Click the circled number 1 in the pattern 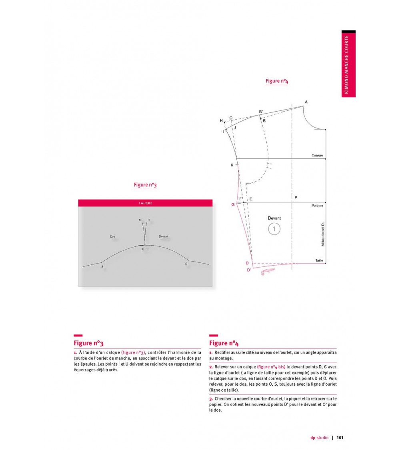[x=274, y=229]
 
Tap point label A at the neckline [x=306, y=102]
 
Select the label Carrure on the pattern [x=318, y=155]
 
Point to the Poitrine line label [x=317, y=206]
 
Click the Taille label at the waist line [x=319, y=260]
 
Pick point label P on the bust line [x=296, y=198]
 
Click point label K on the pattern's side [x=232, y=165]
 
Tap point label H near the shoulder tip [x=221, y=120]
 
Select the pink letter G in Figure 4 [x=233, y=204]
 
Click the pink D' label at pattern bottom [x=248, y=270]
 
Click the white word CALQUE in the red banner [x=145, y=203]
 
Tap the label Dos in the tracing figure [x=112, y=237]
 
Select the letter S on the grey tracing [x=102, y=266]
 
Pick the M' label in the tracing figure [x=140, y=220]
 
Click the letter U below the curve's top [x=143, y=249]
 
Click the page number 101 [x=340, y=437]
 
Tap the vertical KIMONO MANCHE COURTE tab [x=348, y=64]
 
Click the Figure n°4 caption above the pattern [x=277, y=81]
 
